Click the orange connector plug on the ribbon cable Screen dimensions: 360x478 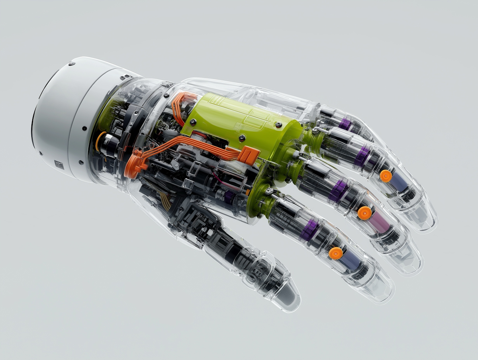(x=249, y=155)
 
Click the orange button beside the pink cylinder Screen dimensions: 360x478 (x=364, y=213)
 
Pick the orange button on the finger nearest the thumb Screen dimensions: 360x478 (x=336, y=253)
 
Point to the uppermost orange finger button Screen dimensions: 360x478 (x=386, y=176)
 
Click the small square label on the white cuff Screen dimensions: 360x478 (x=59, y=164)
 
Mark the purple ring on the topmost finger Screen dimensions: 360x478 (x=345, y=124)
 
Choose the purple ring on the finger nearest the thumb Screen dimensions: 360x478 (x=309, y=230)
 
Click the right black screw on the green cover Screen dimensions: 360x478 (x=242, y=138)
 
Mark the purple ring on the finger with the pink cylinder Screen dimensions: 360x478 (x=339, y=191)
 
